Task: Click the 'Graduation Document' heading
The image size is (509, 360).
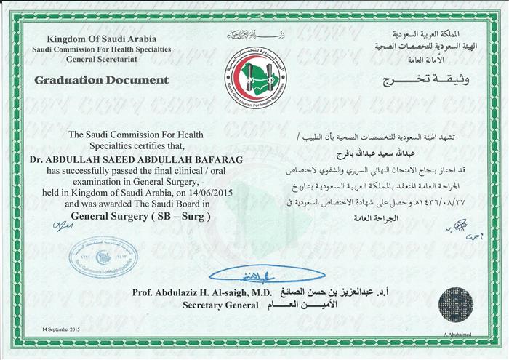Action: (x=102, y=79)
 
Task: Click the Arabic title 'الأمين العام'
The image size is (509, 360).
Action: (x=302, y=307)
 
